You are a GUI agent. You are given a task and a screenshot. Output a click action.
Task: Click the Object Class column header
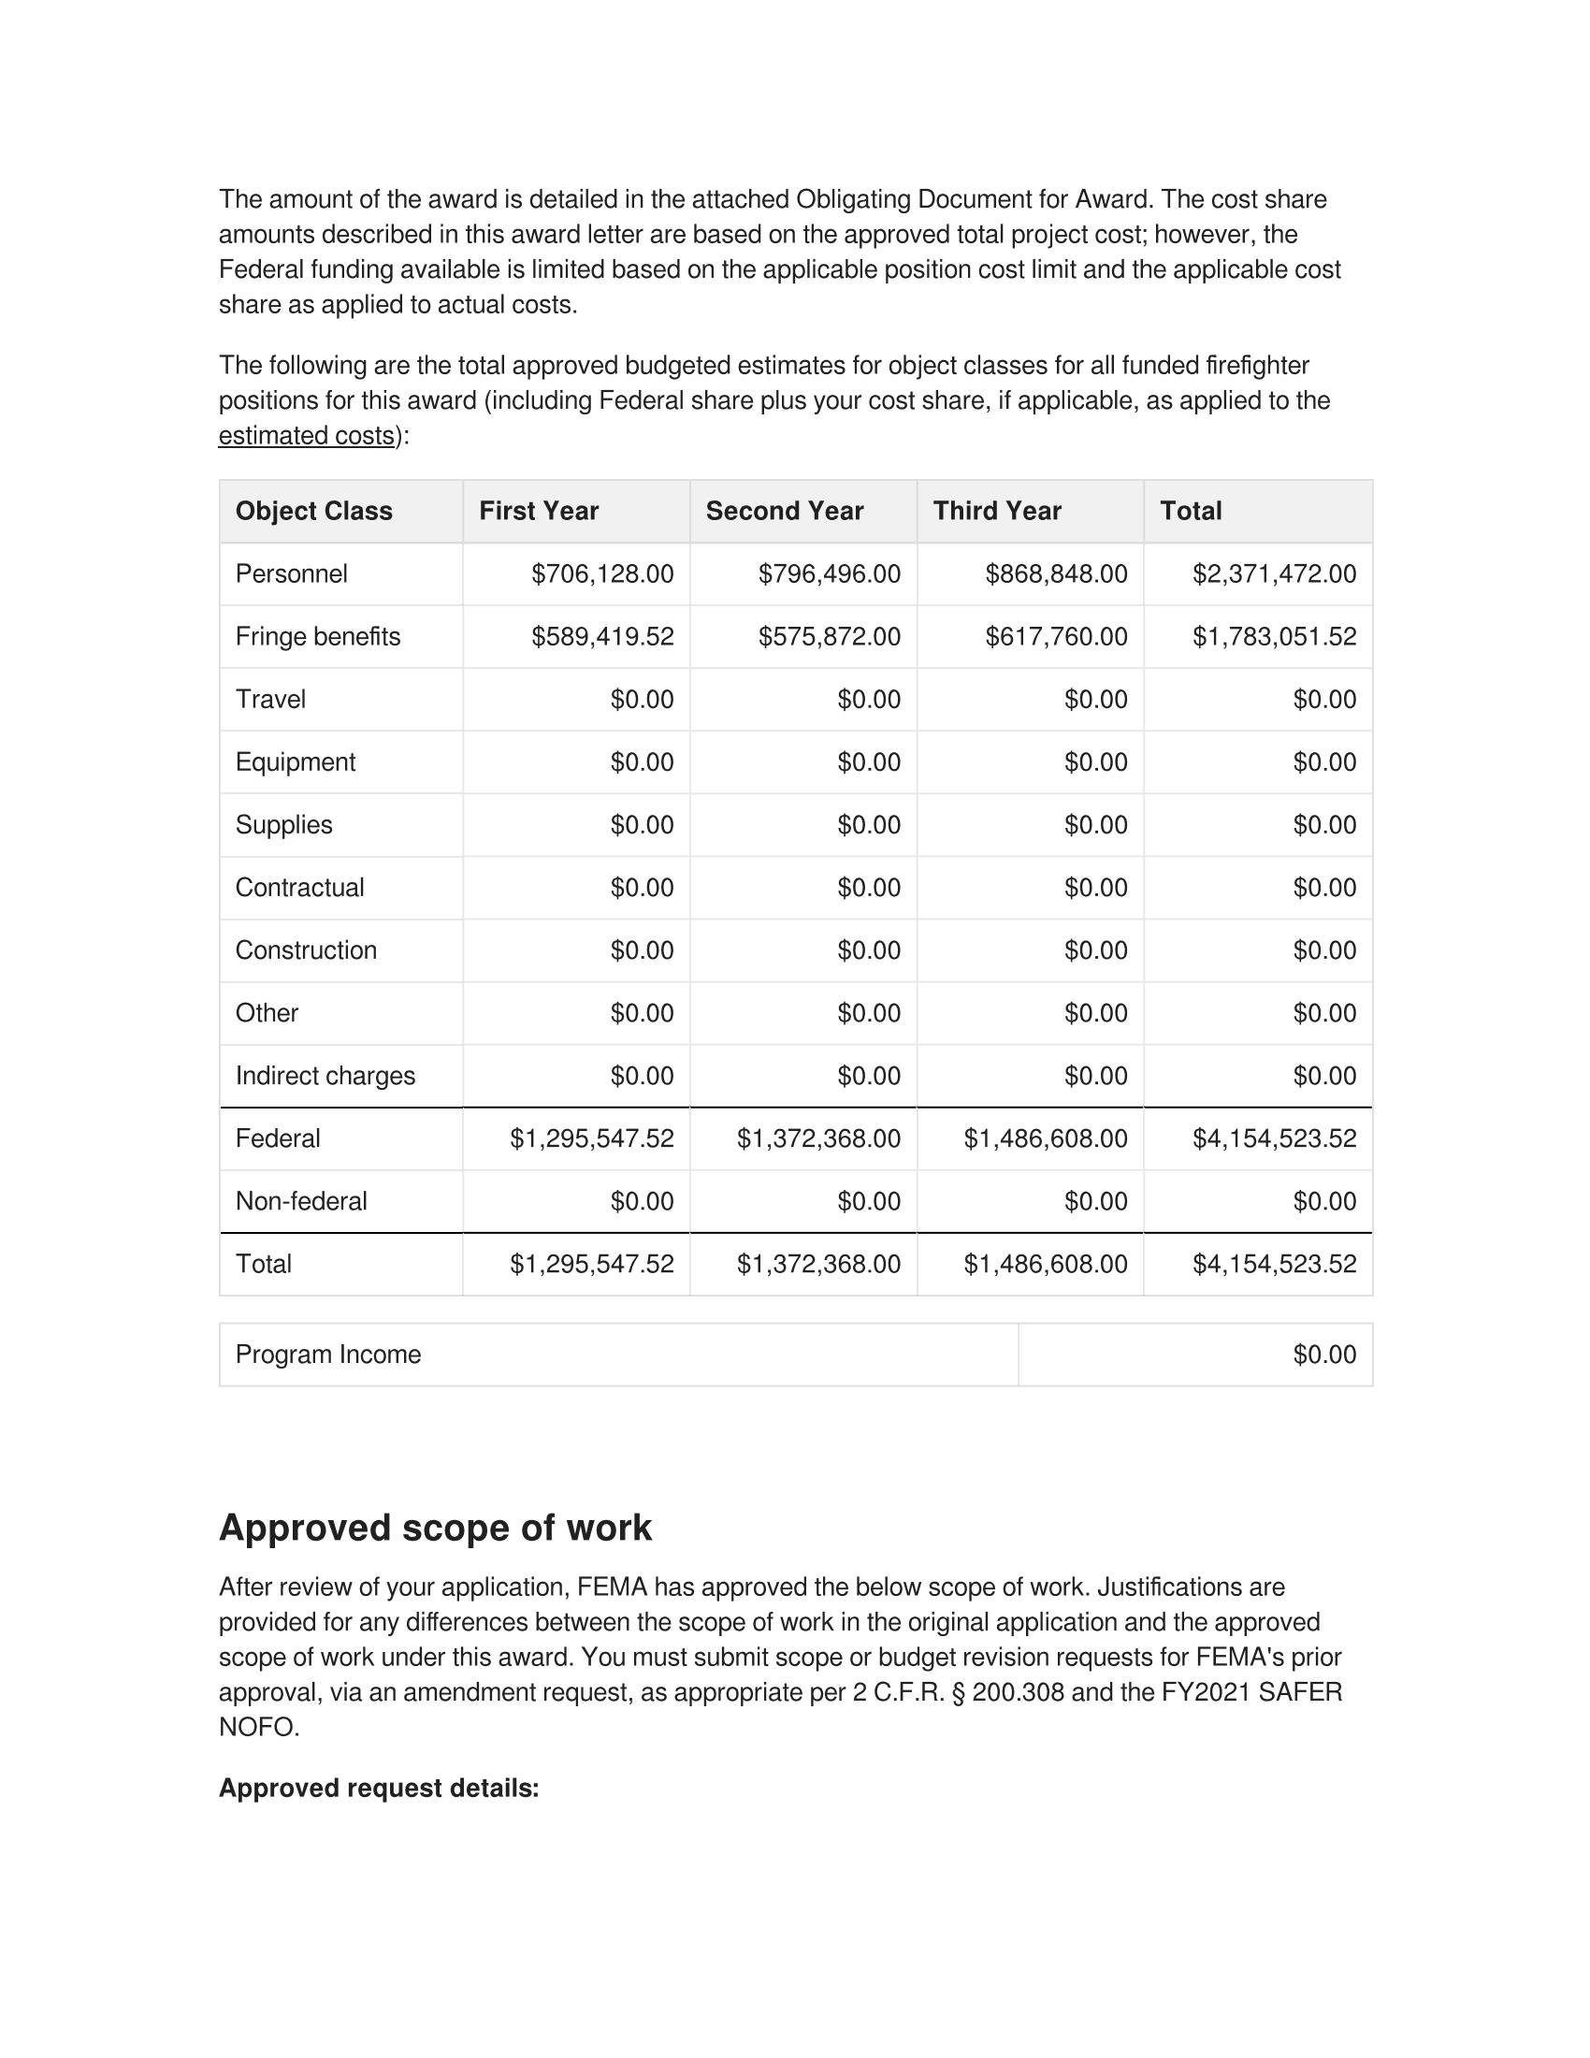pos(313,511)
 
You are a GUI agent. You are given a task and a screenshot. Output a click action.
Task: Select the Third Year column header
pos(997,511)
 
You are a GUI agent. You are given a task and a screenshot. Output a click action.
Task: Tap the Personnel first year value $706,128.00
pos(602,573)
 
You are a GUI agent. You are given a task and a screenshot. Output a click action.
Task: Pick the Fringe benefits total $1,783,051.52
pos(1274,637)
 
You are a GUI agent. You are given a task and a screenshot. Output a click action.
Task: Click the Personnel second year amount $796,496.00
pos(829,573)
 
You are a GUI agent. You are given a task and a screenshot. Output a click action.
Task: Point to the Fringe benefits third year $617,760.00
pos(1056,637)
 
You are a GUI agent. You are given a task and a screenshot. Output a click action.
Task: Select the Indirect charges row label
pos(325,1076)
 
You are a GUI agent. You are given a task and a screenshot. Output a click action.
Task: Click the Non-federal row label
pos(301,1201)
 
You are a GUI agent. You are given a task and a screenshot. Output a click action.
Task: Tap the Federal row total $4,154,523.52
pos(1274,1139)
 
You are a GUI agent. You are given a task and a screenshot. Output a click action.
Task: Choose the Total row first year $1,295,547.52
pos(591,1265)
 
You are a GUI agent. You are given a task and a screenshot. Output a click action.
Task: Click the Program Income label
pos(327,1355)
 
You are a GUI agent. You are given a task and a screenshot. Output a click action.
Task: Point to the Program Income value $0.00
pos(1324,1355)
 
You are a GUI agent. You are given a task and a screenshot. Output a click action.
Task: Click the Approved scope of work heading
pos(435,1529)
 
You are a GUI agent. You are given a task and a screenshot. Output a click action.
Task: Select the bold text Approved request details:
pos(379,1789)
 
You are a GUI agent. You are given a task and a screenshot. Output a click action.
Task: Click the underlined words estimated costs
pos(306,436)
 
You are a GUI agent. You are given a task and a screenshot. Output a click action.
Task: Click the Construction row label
pos(306,950)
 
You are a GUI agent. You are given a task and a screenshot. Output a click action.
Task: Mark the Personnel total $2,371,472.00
pos(1274,573)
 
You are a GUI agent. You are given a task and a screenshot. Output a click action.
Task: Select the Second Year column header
pos(785,511)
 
